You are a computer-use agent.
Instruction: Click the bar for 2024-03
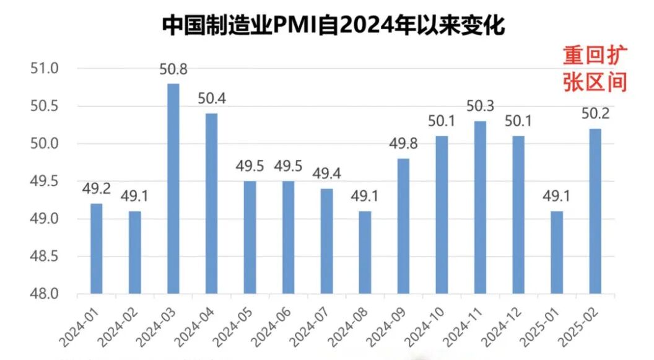(173, 188)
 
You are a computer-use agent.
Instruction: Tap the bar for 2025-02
(595, 211)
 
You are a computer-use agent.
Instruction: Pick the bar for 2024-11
(480, 207)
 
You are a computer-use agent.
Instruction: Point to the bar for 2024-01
(96, 248)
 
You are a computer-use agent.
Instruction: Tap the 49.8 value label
(403, 144)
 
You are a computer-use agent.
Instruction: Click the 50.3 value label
(480, 106)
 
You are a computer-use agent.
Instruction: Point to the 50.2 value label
(595, 113)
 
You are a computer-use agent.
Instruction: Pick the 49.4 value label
(326, 174)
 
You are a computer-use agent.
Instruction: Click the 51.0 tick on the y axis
(44, 68)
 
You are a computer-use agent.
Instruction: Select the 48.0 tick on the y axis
(44, 294)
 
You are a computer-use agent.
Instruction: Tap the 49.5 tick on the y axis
(44, 181)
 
